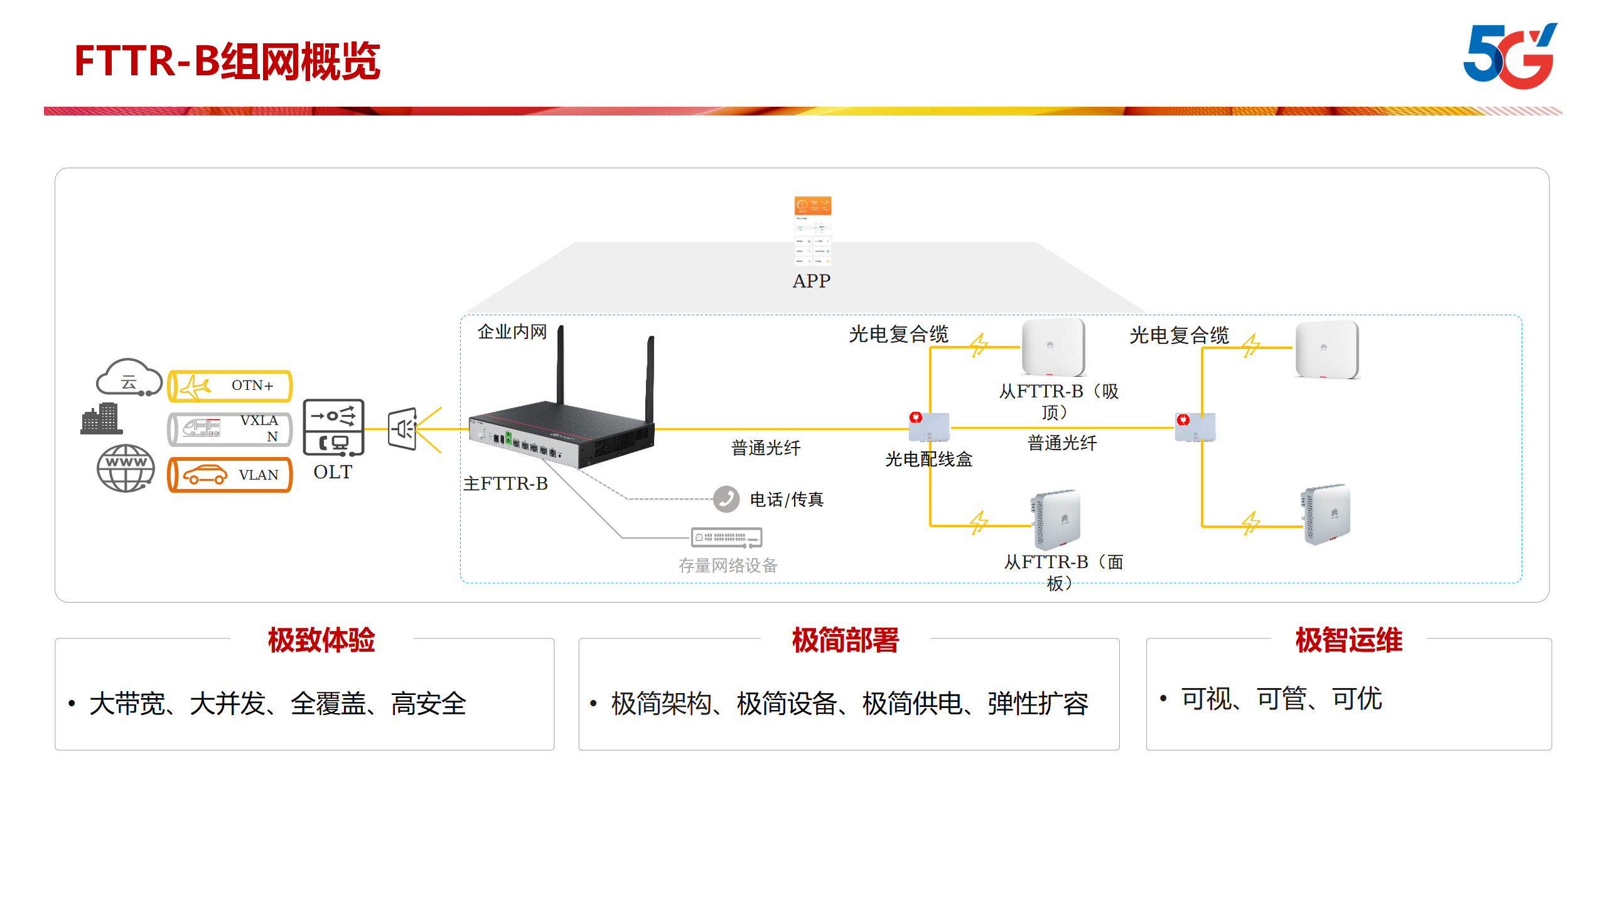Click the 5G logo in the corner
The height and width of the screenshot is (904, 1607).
1510,56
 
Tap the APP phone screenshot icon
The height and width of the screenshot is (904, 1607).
812,231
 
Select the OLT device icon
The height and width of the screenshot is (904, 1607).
333,428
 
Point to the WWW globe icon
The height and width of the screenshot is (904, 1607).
126,468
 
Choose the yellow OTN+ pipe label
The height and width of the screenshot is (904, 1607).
230,385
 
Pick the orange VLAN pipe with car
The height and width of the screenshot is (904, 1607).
230,475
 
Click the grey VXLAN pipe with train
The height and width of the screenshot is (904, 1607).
230,429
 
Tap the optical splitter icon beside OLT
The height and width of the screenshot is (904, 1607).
403,429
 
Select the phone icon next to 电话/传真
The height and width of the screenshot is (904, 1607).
726,499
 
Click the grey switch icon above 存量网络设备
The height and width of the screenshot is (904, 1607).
726,537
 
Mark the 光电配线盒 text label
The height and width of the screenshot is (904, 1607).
928,460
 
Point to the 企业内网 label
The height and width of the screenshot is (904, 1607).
512,331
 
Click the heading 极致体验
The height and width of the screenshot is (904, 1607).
321,640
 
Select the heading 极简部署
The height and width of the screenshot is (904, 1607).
845,640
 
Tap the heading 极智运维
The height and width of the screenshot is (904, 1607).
1348,640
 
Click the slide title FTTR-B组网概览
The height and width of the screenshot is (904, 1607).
227,62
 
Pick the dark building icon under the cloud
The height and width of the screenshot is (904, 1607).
101,419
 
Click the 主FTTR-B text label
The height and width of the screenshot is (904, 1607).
505,483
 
